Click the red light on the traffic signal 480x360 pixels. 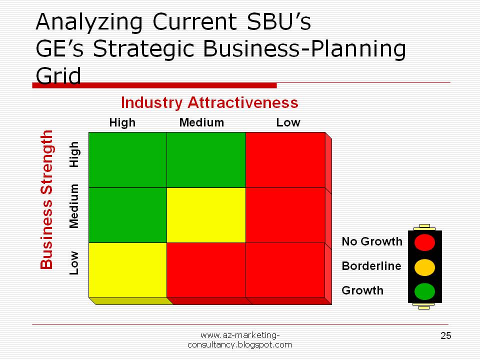pos(424,242)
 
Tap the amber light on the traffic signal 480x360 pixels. pos(424,267)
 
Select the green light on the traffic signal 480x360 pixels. pos(424,291)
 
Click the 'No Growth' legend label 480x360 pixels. pos(372,241)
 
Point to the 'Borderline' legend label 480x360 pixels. pos(371,266)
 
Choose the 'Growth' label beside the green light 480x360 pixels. pos(362,290)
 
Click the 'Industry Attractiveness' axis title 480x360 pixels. pos(209,103)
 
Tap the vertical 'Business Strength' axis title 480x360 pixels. pos(47,199)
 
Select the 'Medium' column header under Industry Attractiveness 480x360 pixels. pos(201,122)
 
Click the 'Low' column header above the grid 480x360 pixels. pos(288,122)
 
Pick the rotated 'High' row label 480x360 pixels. pos(74,154)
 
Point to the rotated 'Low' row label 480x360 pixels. pos(74,263)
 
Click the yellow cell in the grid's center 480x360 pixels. pos(206,215)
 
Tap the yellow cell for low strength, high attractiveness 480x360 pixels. pos(127,270)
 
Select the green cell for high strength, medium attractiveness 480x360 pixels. pos(206,160)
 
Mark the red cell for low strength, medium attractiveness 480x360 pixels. pos(206,270)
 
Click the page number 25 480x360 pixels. pos(446,336)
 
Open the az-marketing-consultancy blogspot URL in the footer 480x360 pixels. pos(239,340)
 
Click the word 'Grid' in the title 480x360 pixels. pos(58,75)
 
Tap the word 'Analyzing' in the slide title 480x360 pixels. pos(89,22)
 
